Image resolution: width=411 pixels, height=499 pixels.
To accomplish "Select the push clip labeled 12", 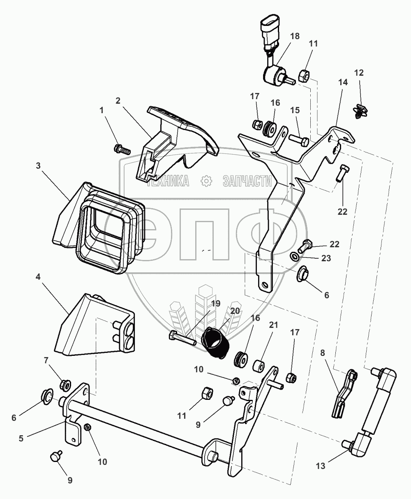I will click(x=360, y=111).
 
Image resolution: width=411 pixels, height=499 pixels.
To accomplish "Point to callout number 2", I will click(x=118, y=100).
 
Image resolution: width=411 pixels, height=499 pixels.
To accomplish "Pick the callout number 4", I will click(x=38, y=278).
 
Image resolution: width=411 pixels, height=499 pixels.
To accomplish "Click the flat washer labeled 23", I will click(x=295, y=258).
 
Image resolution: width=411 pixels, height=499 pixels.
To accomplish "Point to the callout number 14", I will click(x=343, y=82).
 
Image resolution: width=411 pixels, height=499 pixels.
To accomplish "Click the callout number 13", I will click(x=321, y=466).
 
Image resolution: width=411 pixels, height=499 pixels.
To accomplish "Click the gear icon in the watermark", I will click(x=205, y=180).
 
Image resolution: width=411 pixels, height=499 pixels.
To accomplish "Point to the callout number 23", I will click(x=326, y=259).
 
